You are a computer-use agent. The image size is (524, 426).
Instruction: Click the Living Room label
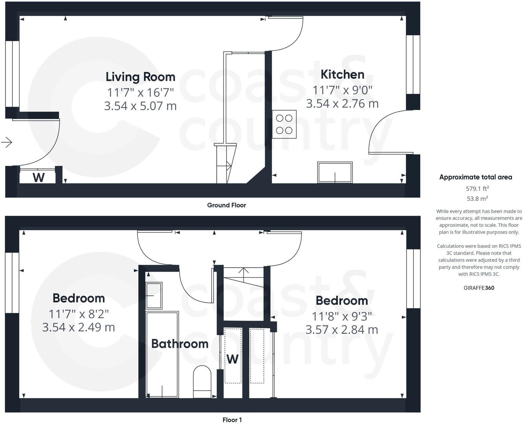click(x=141, y=77)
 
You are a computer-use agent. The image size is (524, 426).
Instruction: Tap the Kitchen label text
click(x=342, y=74)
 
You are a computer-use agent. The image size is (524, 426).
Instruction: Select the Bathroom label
click(x=180, y=344)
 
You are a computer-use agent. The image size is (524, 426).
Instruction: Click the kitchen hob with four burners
click(x=284, y=124)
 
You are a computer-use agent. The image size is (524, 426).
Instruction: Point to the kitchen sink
click(x=335, y=172)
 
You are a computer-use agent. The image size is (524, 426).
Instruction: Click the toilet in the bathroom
click(x=202, y=381)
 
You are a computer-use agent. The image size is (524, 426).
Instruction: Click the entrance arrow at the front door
click(x=7, y=142)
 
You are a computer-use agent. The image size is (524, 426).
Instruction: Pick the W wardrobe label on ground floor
click(x=38, y=177)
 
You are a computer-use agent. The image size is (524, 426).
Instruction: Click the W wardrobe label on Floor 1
click(x=232, y=359)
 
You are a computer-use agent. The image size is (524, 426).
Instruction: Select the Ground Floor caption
click(x=226, y=205)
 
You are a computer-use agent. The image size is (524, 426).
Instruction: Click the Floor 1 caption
click(x=232, y=420)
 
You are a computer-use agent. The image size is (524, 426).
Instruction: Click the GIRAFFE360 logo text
click(x=479, y=288)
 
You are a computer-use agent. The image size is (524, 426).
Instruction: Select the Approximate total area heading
click(x=475, y=177)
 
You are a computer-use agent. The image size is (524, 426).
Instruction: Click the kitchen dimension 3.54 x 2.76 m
click(x=342, y=103)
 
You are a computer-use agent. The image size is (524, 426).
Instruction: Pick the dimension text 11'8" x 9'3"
click(x=342, y=317)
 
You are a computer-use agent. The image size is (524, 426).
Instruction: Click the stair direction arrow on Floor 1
click(x=244, y=271)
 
